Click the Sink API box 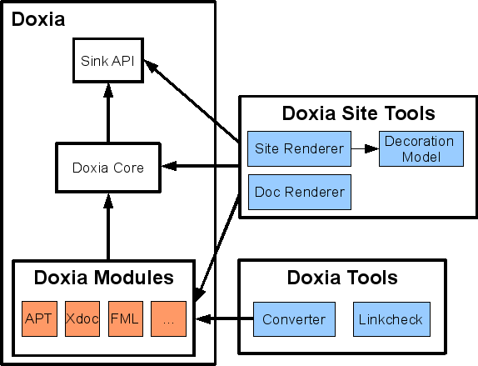[x=107, y=60]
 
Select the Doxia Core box [x=107, y=168]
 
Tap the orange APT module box [x=38, y=318]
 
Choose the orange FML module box [x=125, y=318]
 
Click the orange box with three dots [x=167, y=318]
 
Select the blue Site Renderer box [x=299, y=150]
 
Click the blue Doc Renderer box [x=299, y=193]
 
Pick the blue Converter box [x=293, y=319]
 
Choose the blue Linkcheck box [x=390, y=319]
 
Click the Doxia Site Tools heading [x=358, y=113]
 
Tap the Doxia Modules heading [x=103, y=277]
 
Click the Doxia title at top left [x=37, y=19]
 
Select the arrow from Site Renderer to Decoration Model [x=364, y=150]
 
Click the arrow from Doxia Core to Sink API [x=107, y=113]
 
